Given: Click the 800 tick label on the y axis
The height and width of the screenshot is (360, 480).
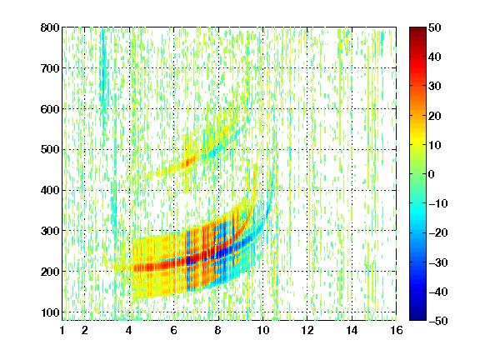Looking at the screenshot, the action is pyautogui.click(x=50, y=27).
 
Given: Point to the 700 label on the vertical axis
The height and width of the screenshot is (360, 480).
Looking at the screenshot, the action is pyautogui.click(x=50, y=68).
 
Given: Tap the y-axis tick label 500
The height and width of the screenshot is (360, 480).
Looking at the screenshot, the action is pyautogui.click(x=50, y=150).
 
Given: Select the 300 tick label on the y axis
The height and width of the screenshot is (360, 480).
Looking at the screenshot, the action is pyautogui.click(x=50, y=231).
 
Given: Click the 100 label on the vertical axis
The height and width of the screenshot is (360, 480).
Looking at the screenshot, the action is pyautogui.click(x=51, y=312).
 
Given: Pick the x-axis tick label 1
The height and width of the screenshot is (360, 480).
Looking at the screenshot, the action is pyautogui.click(x=62, y=330).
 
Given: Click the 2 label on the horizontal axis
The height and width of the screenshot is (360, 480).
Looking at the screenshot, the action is pyautogui.click(x=85, y=330).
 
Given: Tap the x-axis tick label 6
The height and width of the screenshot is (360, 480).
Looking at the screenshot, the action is pyautogui.click(x=174, y=330).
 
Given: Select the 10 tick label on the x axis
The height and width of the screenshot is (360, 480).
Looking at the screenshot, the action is pyautogui.click(x=262, y=330).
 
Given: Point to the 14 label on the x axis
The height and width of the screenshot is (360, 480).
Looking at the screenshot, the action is pyautogui.click(x=352, y=330).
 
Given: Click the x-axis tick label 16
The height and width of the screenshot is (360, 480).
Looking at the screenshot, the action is pyautogui.click(x=397, y=330).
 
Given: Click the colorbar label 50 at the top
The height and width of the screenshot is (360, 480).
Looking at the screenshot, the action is pyautogui.click(x=435, y=27).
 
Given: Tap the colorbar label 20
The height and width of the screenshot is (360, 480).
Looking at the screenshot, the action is pyautogui.click(x=435, y=116).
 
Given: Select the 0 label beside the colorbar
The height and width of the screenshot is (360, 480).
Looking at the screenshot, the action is pyautogui.click(x=432, y=174).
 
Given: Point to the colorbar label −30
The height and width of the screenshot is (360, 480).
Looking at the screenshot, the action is pyautogui.click(x=438, y=262).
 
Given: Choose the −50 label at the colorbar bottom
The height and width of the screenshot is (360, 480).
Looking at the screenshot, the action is pyautogui.click(x=438, y=321).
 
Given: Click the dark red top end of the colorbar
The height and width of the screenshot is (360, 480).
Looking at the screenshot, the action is pyautogui.click(x=417, y=30).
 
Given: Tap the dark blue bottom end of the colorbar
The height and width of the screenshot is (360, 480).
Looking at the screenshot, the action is pyautogui.click(x=417, y=317).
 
